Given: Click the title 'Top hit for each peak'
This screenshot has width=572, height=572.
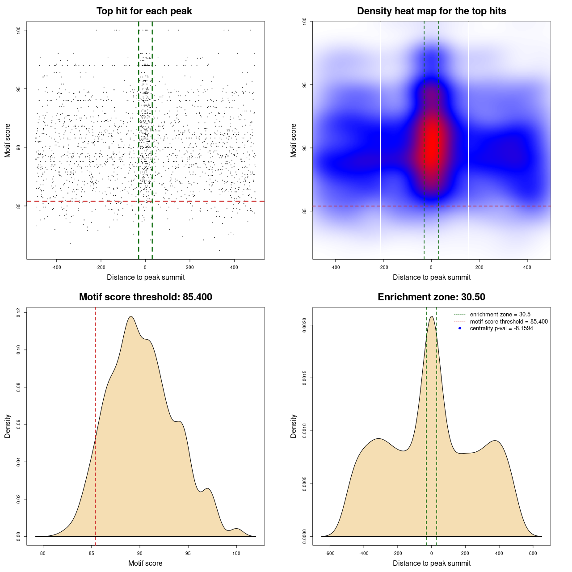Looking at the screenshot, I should point(144,11).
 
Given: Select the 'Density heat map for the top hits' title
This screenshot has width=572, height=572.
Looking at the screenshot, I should point(431,11).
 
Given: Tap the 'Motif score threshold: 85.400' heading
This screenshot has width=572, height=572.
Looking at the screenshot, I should point(145,297).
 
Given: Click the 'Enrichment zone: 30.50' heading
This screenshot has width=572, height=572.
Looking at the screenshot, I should point(431,297).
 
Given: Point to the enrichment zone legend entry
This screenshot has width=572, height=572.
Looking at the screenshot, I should point(500,315).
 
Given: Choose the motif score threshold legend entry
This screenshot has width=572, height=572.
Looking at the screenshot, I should point(509,321).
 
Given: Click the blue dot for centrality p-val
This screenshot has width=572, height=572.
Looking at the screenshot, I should point(460,328).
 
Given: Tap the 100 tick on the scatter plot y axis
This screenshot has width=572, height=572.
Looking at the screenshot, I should point(19,30).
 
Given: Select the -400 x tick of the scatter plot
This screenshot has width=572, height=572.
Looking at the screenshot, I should point(56,267).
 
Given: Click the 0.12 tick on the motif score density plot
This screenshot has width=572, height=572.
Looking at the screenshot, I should point(19,313).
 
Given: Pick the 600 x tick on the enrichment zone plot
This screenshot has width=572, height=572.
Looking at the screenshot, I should point(533,553).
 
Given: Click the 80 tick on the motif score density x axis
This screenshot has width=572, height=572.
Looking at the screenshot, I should point(43,553).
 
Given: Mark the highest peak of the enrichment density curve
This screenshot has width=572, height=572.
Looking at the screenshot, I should point(431,317).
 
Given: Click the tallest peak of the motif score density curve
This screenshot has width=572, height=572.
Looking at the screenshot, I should point(130,317).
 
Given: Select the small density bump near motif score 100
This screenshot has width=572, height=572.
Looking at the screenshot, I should point(236,529).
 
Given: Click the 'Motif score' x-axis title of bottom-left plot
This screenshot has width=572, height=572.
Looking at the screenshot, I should point(145,563).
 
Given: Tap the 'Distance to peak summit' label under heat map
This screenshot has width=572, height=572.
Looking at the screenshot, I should point(431,277).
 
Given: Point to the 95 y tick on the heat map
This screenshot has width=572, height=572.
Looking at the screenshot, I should point(305,85).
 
